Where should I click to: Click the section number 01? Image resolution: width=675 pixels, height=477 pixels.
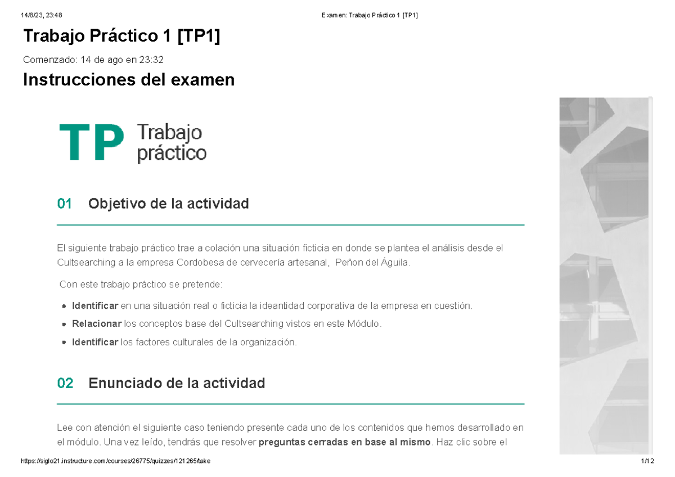(x=65, y=204)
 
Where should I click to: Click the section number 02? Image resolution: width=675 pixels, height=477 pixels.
(x=65, y=383)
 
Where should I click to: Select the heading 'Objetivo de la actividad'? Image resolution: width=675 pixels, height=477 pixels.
(x=168, y=204)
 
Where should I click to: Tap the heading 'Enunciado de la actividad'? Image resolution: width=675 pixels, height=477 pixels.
(x=177, y=383)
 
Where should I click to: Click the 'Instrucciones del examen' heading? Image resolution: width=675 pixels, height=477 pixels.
(x=128, y=80)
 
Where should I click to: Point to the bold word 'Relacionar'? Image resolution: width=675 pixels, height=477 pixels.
(x=96, y=324)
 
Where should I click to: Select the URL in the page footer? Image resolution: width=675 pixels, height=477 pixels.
(x=115, y=461)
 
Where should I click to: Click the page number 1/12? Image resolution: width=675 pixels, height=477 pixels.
(x=647, y=461)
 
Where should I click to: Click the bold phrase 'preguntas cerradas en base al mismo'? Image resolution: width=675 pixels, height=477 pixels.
(x=344, y=442)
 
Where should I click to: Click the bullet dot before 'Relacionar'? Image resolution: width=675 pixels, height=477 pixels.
(x=65, y=325)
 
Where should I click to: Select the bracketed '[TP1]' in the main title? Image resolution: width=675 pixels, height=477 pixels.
(x=199, y=37)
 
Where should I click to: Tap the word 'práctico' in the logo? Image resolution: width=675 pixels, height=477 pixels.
(x=171, y=153)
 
